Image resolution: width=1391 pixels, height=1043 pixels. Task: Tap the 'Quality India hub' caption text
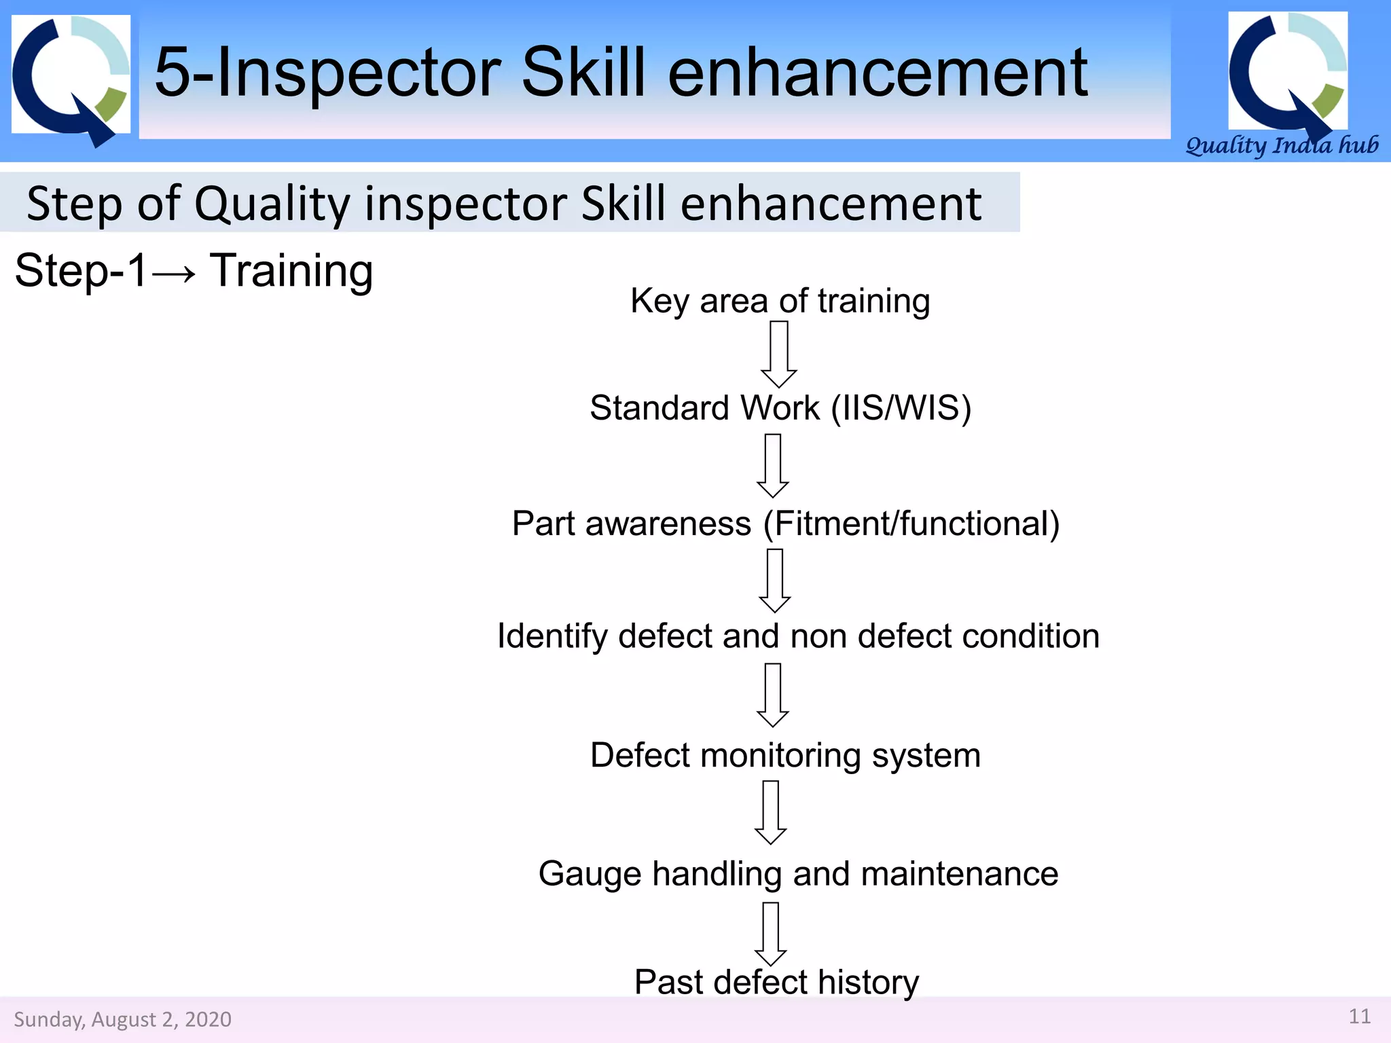click(1281, 145)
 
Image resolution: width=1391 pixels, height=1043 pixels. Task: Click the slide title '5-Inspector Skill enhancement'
click(621, 72)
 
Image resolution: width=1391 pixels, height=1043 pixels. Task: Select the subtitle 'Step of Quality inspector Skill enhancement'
click(504, 203)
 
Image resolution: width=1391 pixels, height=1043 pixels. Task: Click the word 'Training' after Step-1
click(291, 271)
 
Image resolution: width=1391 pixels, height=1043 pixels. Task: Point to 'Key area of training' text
click(780, 301)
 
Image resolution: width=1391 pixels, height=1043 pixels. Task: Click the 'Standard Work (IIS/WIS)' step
click(780, 408)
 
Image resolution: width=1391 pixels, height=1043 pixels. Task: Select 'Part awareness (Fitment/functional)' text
click(786, 524)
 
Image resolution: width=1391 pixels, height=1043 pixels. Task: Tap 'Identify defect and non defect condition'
click(798, 636)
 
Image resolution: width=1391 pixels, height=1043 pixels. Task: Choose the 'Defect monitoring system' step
click(785, 755)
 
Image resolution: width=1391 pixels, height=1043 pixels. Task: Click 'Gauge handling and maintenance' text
click(798, 873)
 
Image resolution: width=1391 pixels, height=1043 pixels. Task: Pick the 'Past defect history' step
click(776, 982)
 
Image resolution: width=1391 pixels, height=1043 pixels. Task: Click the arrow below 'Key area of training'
click(778, 354)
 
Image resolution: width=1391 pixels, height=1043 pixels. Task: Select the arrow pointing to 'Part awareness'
click(773, 466)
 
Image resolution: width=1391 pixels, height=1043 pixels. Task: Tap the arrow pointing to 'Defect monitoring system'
click(773, 695)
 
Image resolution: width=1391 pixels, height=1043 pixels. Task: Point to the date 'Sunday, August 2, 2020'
click(122, 1019)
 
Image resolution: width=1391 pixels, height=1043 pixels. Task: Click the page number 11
click(1359, 1017)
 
